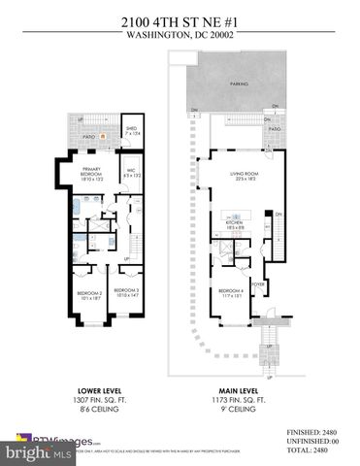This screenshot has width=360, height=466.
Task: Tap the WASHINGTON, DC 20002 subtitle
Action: pos(180,35)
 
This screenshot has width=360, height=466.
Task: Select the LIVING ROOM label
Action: pos(244,176)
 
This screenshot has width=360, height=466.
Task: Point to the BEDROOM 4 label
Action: pos(231,292)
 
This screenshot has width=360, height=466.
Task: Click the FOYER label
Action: pos(258,283)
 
